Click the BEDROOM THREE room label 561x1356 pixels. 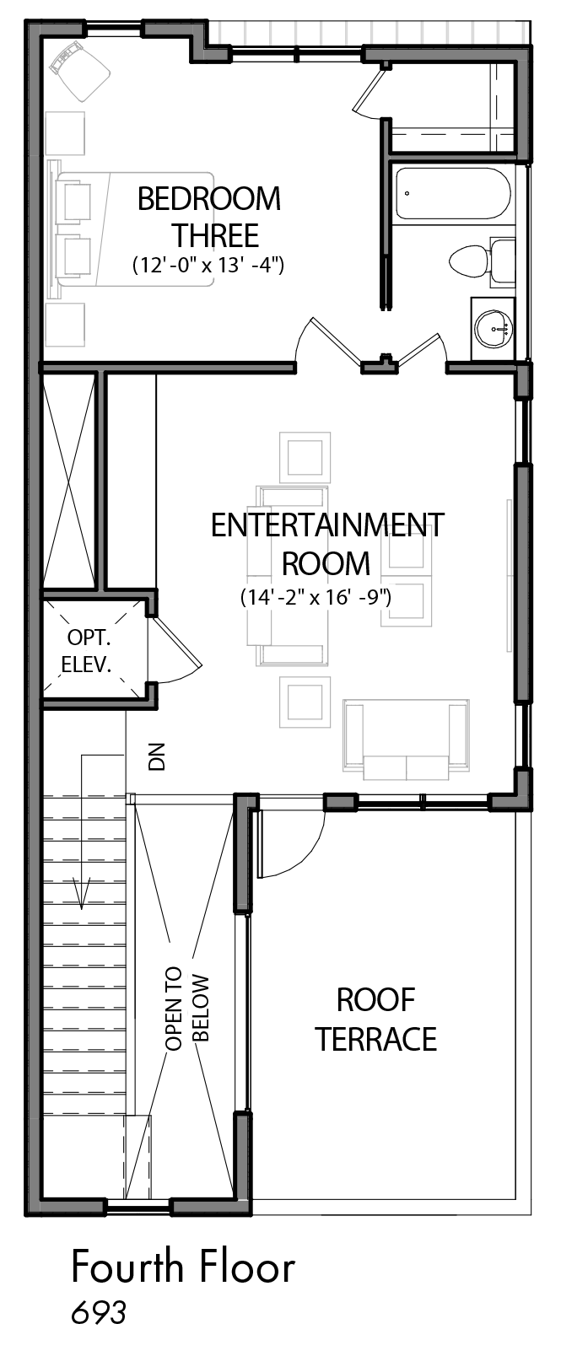tap(209, 217)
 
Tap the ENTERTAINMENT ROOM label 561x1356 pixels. tap(327, 544)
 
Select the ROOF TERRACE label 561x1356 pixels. tap(375, 1020)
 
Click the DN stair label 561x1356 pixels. tap(157, 756)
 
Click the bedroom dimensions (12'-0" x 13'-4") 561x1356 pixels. tap(208, 265)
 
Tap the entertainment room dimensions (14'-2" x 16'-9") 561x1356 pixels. tap(316, 597)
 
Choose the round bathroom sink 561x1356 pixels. tap(494, 329)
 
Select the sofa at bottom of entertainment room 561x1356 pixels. tap(405, 740)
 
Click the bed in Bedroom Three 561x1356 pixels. tap(134, 229)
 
